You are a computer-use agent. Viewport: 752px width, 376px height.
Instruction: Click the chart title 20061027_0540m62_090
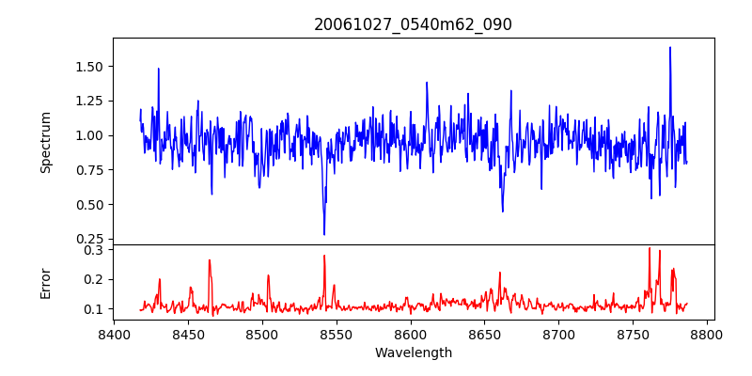pyautogui.click(x=413, y=24)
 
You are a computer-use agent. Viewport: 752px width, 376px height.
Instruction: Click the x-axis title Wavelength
pyautogui.click(x=413, y=353)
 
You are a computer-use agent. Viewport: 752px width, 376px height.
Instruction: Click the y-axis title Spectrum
pyautogui.click(x=46, y=142)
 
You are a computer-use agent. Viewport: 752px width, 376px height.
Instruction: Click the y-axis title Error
pyautogui.click(x=46, y=281)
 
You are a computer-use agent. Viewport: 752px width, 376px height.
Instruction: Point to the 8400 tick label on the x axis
pyautogui.click(x=114, y=335)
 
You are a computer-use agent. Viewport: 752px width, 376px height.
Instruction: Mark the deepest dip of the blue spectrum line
pyautogui.click(x=324, y=234)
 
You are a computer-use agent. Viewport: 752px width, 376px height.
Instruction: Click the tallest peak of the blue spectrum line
pyautogui.click(x=670, y=48)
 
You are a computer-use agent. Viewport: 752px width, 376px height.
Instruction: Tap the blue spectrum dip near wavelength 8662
pyautogui.click(x=503, y=211)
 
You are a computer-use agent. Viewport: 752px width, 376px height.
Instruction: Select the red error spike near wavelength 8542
pyautogui.click(x=324, y=256)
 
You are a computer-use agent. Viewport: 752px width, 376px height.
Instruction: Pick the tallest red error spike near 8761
pyautogui.click(x=650, y=248)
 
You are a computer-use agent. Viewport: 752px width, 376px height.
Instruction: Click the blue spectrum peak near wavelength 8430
pyautogui.click(x=158, y=69)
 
